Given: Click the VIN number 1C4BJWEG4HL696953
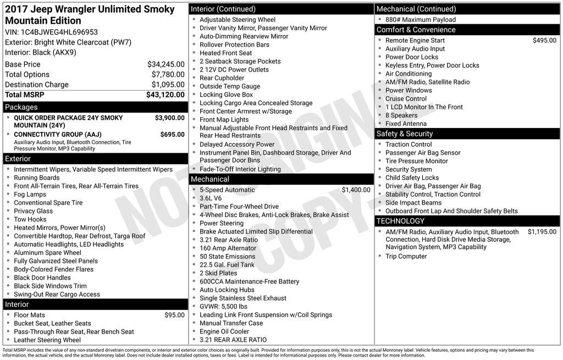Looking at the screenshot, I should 59,32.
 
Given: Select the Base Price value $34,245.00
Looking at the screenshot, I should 165,64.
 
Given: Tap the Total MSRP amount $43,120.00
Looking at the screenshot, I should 165,95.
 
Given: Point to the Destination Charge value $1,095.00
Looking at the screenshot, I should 168,85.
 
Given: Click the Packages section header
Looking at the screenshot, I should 21,107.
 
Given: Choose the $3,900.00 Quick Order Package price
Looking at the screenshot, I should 169,118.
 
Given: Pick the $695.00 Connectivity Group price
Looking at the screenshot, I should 172,134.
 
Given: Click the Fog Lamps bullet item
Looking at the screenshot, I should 30,194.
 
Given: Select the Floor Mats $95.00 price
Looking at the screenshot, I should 174,315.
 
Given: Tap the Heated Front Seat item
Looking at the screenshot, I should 225,53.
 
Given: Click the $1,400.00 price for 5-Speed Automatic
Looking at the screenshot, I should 356,190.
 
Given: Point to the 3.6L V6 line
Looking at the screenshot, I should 211,198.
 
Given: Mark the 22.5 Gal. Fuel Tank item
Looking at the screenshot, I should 227,264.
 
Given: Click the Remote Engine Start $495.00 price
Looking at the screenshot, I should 544,40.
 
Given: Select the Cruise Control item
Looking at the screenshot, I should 406,98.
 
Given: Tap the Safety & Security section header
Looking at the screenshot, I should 405,134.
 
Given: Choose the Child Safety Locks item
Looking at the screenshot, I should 412,178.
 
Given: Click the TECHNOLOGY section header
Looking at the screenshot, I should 400,221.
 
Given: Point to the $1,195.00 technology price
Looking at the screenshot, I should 542,232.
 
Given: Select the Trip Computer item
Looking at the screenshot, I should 406,256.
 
